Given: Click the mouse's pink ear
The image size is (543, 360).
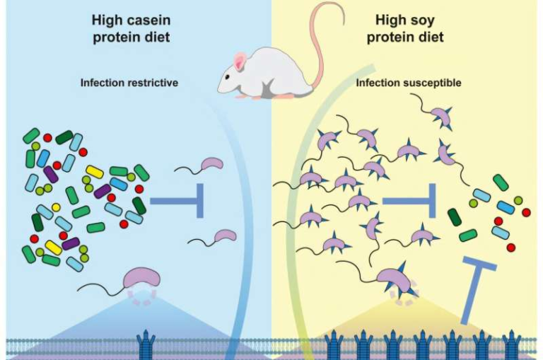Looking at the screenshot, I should click(x=240, y=63).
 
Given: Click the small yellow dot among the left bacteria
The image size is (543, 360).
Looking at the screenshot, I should click(x=56, y=207).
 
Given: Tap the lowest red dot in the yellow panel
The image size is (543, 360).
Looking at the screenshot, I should click(x=510, y=247).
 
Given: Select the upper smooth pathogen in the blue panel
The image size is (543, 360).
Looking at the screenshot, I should click(x=211, y=165).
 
